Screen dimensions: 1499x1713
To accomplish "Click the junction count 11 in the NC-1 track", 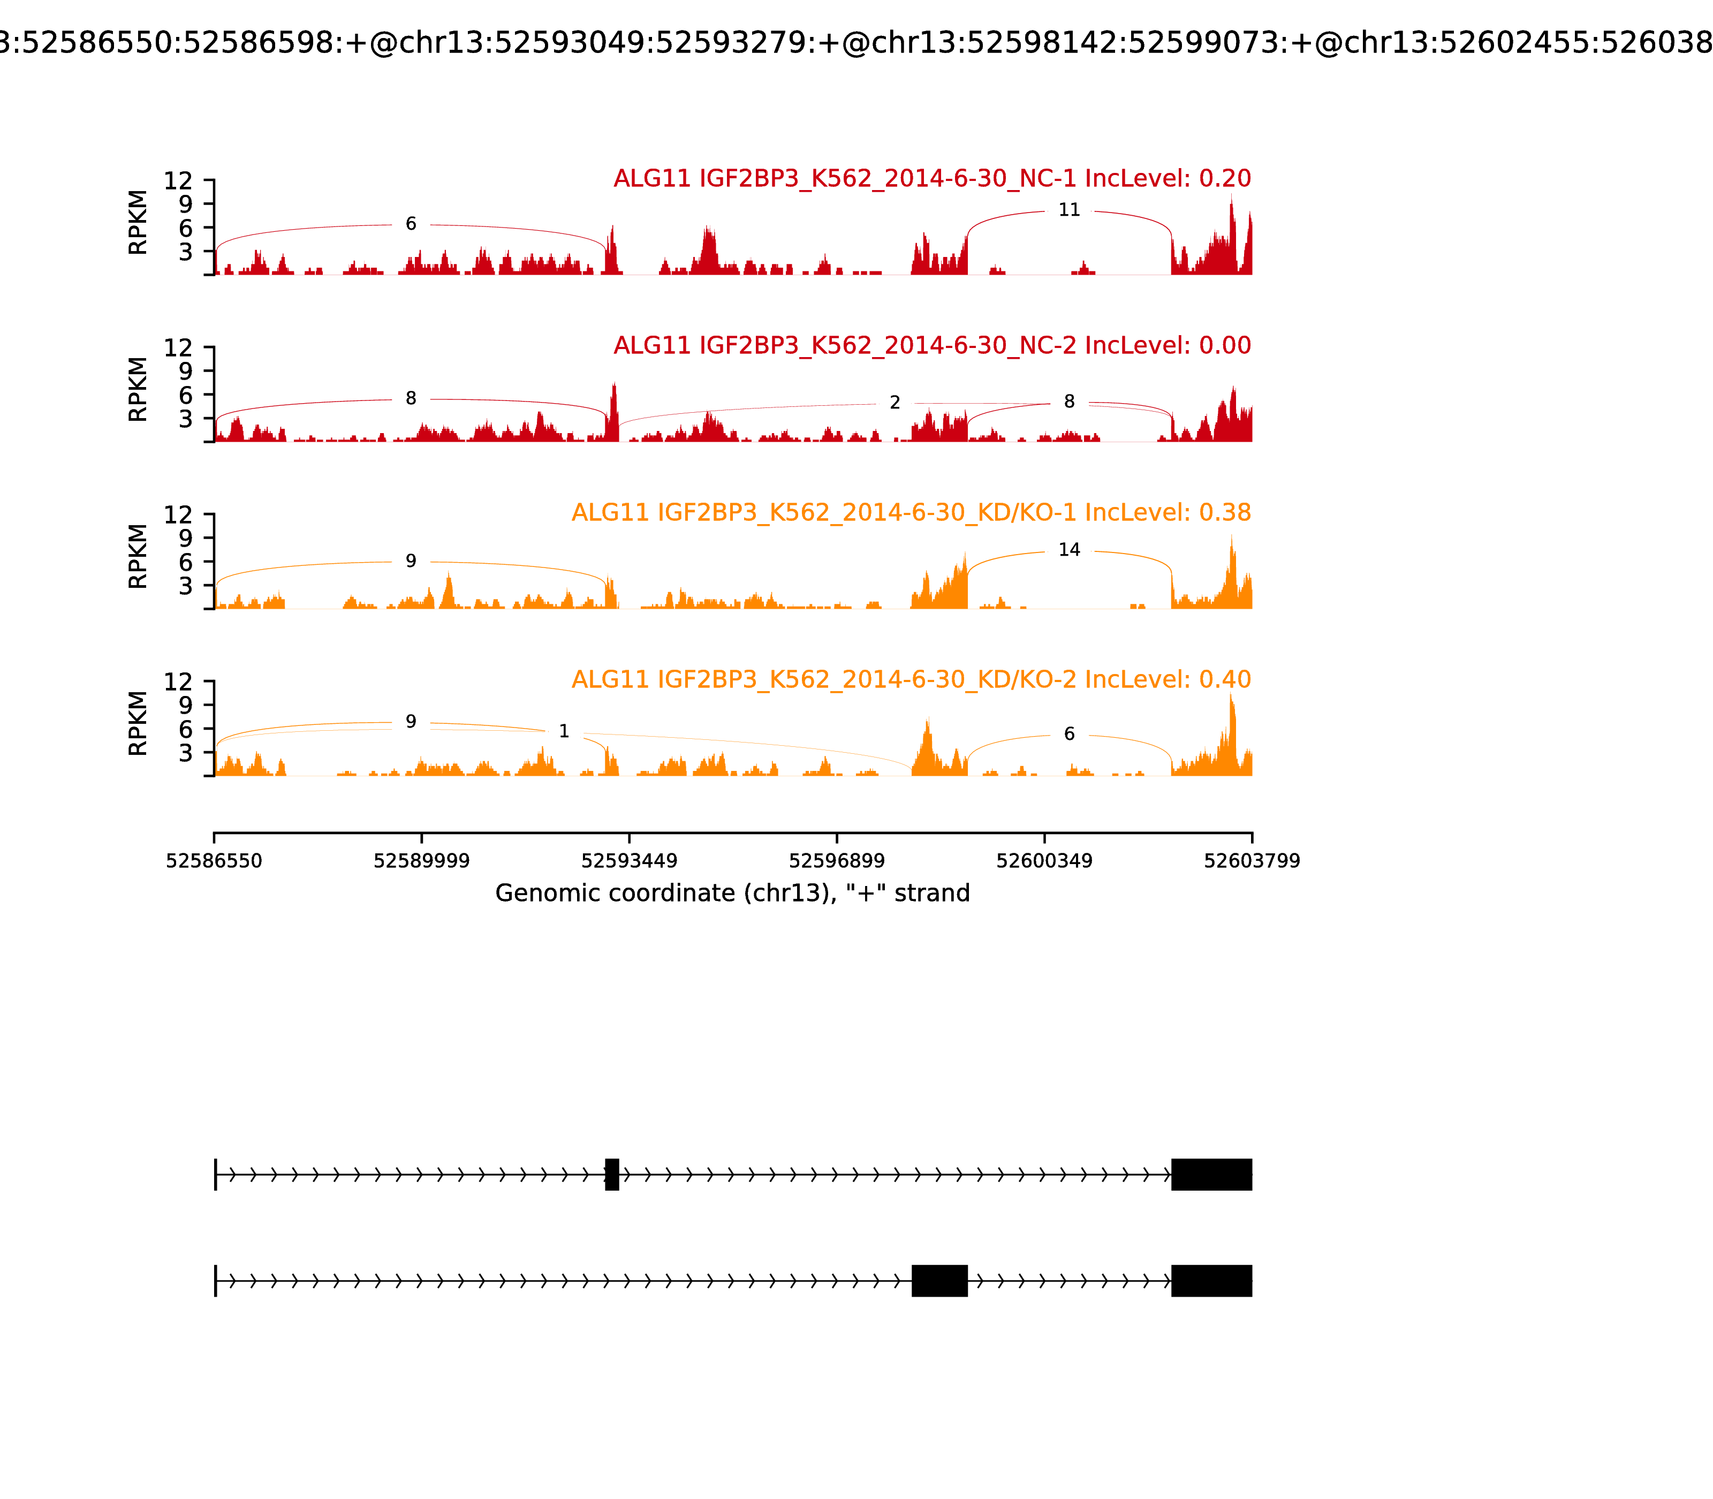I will tap(1069, 210).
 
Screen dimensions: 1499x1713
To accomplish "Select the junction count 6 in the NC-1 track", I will tap(411, 224).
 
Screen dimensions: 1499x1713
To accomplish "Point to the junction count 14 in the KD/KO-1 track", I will tap(1069, 550).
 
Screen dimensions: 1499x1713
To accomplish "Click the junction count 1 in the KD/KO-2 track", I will tap(564, 732).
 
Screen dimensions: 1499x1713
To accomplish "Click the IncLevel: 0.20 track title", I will tap(932, 178).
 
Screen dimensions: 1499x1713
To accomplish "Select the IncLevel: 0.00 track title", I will tap(932, 345).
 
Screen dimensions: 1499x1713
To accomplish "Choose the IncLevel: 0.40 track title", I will tap(911, 679).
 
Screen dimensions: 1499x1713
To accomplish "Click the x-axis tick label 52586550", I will tap(214, 861).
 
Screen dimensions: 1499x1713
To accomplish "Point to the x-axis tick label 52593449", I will tap(629, 861).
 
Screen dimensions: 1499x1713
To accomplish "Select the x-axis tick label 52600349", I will tap(1044, 861).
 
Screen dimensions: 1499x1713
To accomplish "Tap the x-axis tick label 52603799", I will tap(1252, 861).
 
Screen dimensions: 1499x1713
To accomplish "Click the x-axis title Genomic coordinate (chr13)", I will tap(732, 894).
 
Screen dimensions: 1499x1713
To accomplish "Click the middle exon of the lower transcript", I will tap(939, 1281).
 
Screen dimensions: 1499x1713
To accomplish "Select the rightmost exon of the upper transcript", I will tap(1211, 1175).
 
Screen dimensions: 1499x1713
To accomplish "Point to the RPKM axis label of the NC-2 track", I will tap(138, 389).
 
